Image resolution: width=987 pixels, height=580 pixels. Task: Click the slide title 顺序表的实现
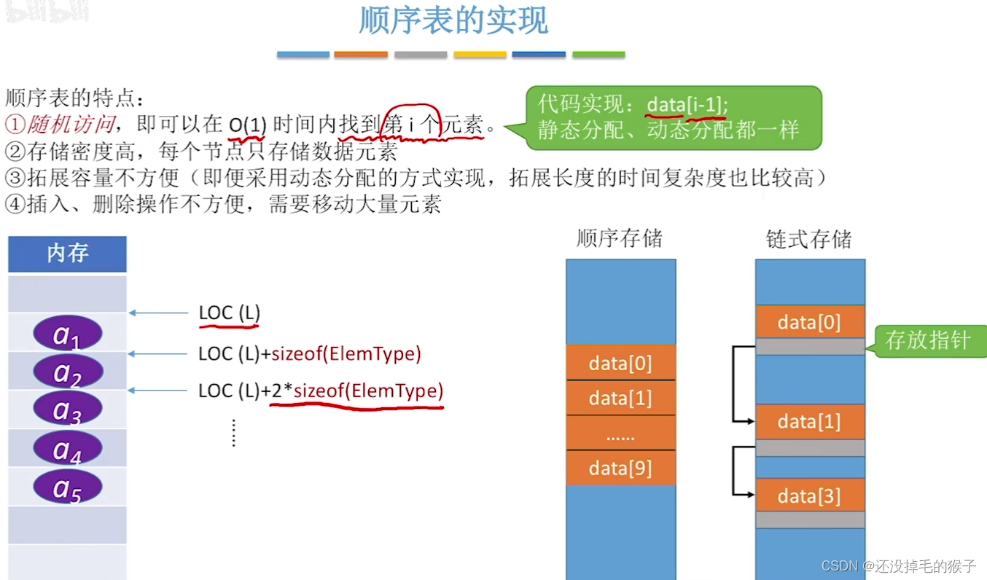(x=453, y=22)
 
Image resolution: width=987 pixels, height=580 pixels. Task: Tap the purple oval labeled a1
(x=67, y=334)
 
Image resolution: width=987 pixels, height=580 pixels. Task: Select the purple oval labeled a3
(x=67, y=410)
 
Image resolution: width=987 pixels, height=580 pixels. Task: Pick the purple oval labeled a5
(x=67, y=487)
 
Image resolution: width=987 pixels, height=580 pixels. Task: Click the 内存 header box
(x=67, y=254)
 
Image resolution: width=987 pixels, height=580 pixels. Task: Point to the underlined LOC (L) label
(x=229, y=313)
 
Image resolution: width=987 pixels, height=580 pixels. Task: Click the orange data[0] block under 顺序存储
(x=620, y=363)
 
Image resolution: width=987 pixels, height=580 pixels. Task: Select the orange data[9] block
(x=620, y=468)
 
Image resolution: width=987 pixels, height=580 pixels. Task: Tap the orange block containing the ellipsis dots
(x=620, y=435)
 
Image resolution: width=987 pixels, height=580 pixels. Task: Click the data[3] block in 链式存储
(x=809, y=496)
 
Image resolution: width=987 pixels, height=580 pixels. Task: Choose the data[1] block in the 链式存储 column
(x=809, y=421)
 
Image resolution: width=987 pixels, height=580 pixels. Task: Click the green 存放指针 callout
(x=927, y=340)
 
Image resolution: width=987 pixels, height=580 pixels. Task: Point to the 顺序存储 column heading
(x=620, y=239)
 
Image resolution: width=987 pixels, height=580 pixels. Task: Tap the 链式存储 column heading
(x=809, y=239)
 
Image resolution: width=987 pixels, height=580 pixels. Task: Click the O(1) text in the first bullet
(x=246, y=125)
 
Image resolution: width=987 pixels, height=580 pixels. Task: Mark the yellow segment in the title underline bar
(x=480, y=55)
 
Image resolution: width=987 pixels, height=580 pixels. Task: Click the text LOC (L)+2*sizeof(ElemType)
(x=321, y=391)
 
